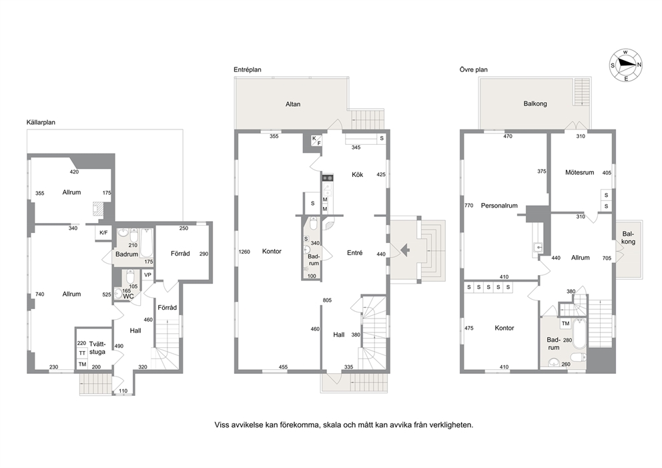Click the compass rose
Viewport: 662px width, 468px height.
pyautogui.click(x=626, y=65)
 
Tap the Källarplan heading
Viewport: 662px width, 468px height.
pyautogui.click(x=41, y=122)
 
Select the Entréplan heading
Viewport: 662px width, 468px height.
pyautogui.click(x=248, y=69)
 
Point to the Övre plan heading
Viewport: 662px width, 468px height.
pyautogui.click(x=474, y=69)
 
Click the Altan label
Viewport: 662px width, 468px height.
pyautogui.click(x=293, y=104)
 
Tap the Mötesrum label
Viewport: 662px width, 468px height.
pyautogui.click(x=580, y=172)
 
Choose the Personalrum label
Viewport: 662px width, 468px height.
pyautogui.click(x=499, y=206)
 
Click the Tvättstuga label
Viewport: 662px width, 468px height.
pyautogui.click(x=97, y=348)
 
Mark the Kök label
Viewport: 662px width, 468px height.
pyautogui.click(x=358, y=174)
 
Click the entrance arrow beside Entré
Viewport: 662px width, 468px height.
pyautogui.click(x=404, y=250)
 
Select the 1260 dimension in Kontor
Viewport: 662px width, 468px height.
pyautogui.click(x=244, y=252)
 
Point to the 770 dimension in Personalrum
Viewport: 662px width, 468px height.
pyautogui.click(x=468, y=206)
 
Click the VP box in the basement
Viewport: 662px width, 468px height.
pyautogui.click(x=147, y=275)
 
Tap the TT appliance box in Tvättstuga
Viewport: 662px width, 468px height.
pyautogui.click(x=82, y=353)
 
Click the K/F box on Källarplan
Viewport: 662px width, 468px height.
pyautogui.click(x=103, y=233)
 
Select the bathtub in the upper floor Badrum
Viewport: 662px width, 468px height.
pyautogui.click(x=579, y=334)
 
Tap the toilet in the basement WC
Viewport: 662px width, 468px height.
pyautogui.click(x=130, y=277)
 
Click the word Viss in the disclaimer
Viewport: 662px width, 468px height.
pyautogui.click(x=222, y=425)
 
